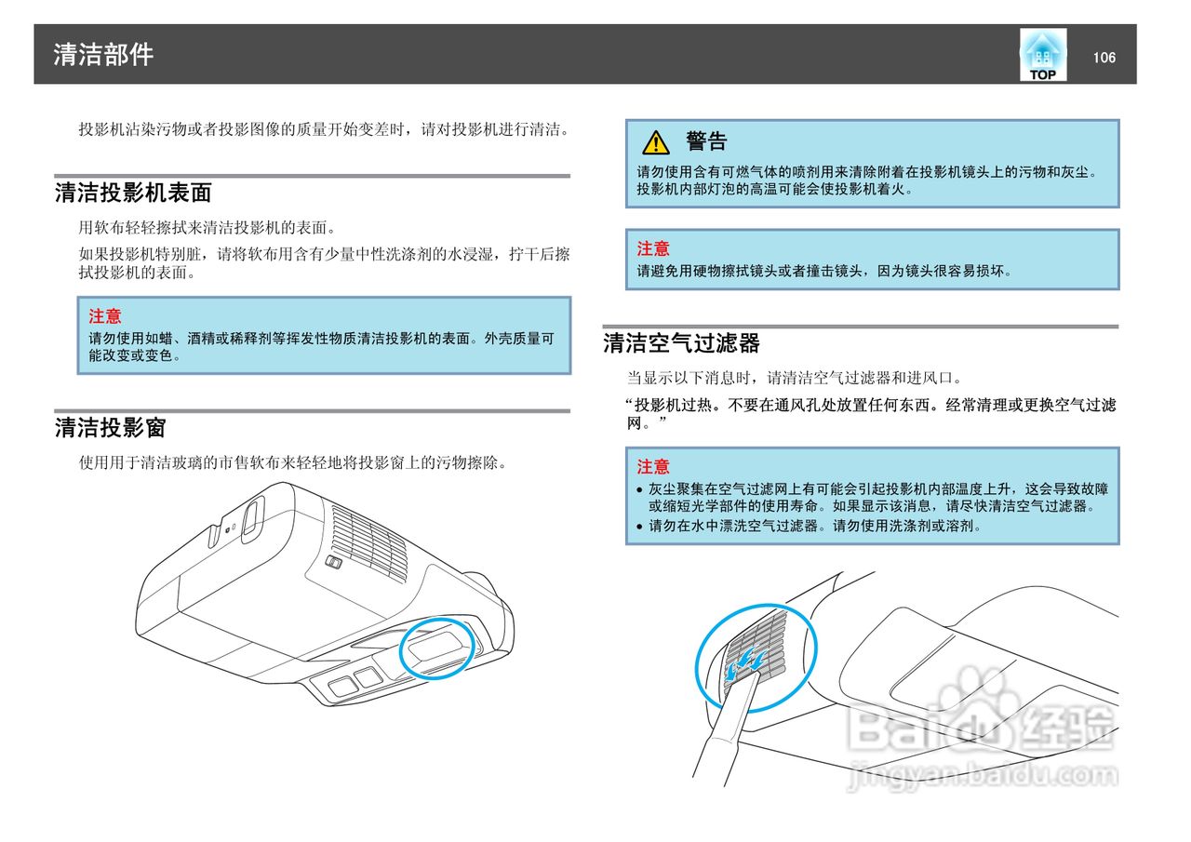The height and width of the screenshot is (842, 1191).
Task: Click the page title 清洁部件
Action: (x=103, y=54)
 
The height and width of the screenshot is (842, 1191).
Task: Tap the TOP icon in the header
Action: (x=1042, y=55)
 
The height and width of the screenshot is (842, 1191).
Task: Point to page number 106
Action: (x=1104, y=58)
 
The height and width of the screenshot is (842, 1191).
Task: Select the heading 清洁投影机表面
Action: (x=133, y=193)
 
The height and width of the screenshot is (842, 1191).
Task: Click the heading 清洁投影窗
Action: (x=110, y=428)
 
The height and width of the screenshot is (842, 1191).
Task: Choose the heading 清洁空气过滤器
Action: (x=681, y=343)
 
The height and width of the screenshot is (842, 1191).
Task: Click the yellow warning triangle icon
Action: (x=656, y=142)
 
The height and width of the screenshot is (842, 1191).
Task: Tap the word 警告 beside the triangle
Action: (x=706, y=141)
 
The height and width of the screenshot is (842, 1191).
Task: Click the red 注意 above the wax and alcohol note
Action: (x=105, y=316)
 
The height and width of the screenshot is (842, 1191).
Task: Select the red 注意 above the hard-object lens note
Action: (x=653, y=248)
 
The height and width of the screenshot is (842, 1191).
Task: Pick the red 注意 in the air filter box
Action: (x=653, y=466)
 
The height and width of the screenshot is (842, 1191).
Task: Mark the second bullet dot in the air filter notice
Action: (x=639, y=527)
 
